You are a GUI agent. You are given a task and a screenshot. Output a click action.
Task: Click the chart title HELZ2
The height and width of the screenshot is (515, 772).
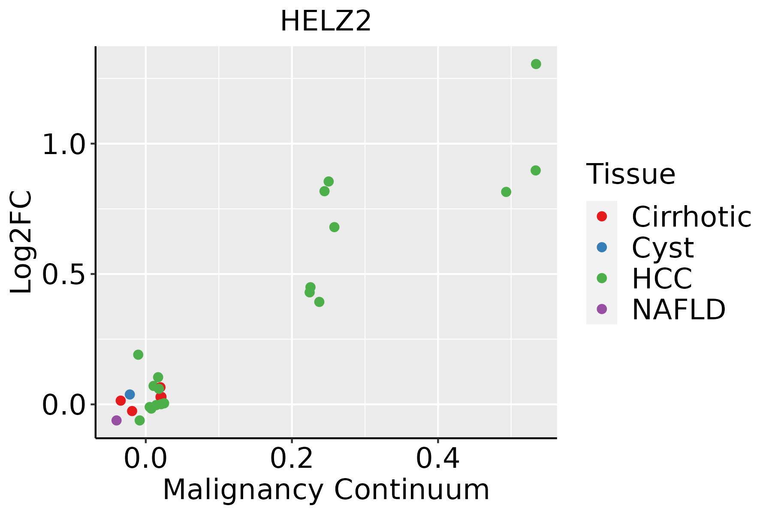[326, 21]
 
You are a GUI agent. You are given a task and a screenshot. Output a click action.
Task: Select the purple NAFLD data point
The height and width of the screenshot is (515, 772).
[116, 420]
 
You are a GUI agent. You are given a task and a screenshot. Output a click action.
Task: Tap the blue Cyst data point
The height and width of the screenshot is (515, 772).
[130, 394]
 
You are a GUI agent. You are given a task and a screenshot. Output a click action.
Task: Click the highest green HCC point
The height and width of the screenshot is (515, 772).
[536, 64]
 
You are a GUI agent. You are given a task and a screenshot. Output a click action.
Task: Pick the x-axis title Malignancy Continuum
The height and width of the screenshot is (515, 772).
[326, 490]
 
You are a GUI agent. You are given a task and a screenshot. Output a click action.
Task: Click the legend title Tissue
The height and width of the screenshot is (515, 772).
[630, 174]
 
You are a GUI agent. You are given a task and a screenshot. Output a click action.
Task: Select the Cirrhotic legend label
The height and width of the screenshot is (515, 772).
[691, 217]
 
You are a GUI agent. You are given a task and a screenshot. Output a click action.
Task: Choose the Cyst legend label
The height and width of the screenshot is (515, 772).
[663, 248]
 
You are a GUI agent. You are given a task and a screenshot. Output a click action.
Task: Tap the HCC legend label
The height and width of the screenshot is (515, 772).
[662, 279]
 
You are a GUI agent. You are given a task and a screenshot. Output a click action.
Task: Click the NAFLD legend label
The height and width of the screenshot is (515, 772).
[679, 309]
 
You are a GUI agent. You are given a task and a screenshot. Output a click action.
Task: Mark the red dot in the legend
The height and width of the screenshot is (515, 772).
[602, 216]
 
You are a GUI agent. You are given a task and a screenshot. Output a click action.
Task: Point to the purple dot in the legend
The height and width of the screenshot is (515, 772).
[602, 309]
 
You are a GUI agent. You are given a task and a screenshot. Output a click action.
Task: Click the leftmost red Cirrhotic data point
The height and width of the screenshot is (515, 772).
[121, 400]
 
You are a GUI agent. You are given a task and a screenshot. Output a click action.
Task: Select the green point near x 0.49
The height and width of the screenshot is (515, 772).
[506, 191]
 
